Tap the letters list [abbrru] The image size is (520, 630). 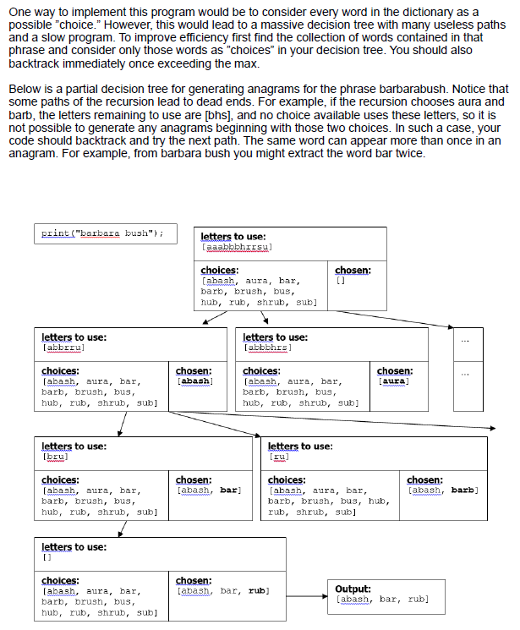(x=63, y=347)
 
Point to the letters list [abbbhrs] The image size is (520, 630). (x=268, y=347)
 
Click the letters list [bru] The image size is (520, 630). (x=55, y=456)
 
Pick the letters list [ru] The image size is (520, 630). (x=279, y=456)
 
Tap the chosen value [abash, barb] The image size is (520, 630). (x=442, y=490)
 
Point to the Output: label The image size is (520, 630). (x=353, y=589)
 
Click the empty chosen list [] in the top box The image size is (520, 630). (x=341, y=281)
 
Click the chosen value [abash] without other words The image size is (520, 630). (x=193, y=381)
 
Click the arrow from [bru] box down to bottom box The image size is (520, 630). (x=124, y=529)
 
